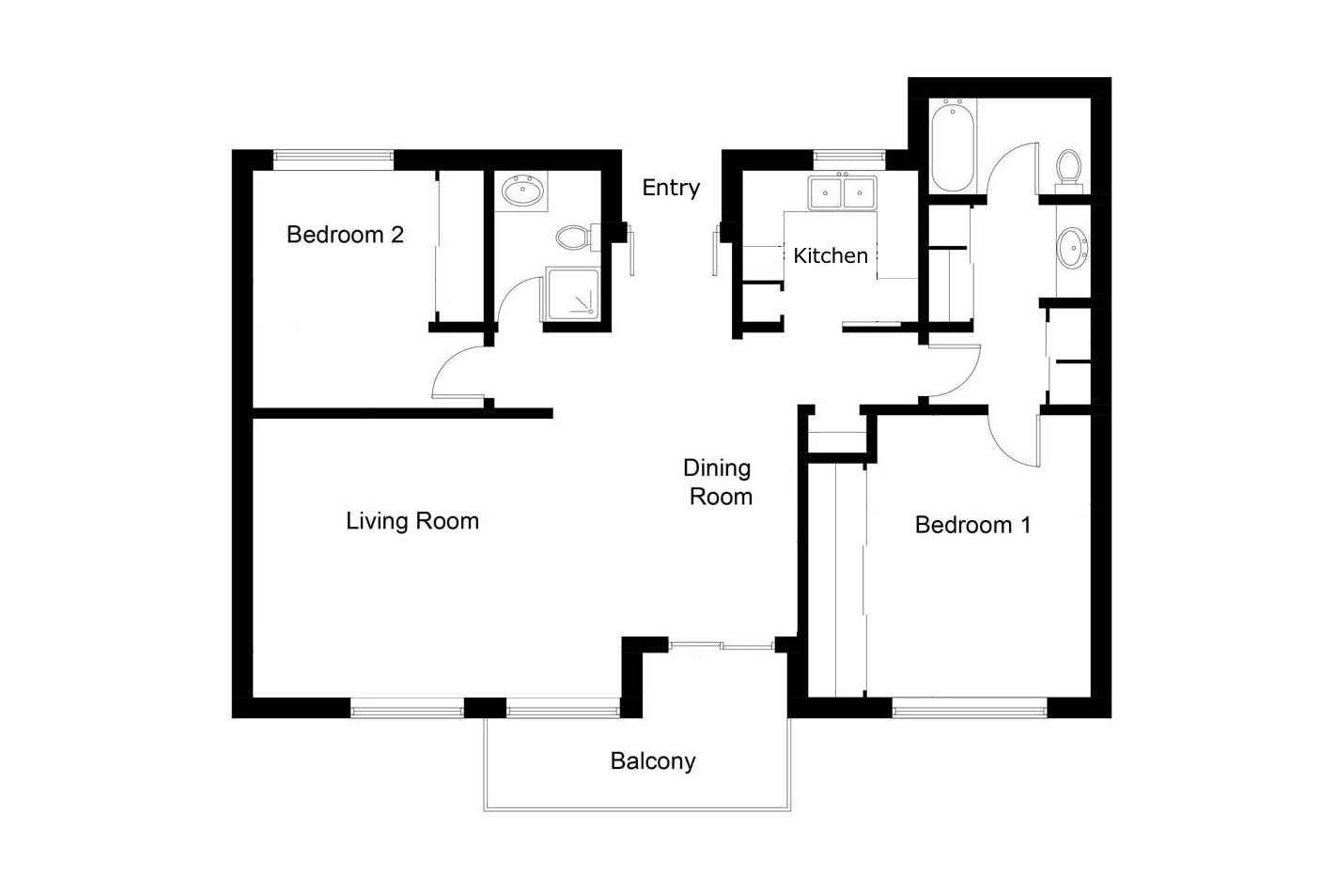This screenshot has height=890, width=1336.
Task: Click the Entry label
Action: tap(671, 188)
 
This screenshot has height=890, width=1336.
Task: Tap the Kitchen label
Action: tap(831, 255)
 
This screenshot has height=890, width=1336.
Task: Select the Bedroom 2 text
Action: tap(345, 235)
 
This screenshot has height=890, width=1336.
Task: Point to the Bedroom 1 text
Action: tap(972, 525)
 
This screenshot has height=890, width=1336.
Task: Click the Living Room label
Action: tap(412, 521)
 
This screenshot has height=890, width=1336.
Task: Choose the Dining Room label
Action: tap(719, 483)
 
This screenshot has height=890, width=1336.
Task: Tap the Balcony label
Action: tap(653, 761)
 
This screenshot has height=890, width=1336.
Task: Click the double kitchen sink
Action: tap(842, 192)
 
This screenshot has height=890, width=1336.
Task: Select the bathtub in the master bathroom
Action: tap(953, 146)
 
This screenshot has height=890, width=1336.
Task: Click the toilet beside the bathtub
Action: tap(1069, 170)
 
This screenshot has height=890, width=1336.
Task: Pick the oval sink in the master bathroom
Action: tap(1073, 248)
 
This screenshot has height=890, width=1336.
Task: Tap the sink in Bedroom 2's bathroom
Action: tap(522, 191)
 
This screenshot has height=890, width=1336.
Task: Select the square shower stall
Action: tap(572, 294)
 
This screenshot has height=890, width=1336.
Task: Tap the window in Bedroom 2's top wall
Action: tap(334, 157)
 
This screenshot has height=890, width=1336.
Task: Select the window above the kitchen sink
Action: tap(849, 156)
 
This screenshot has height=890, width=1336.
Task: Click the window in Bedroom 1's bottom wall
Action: tap(970, 711)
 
